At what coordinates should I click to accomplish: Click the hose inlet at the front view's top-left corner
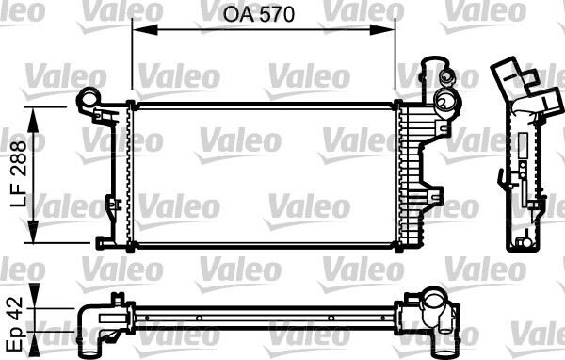point(89,96)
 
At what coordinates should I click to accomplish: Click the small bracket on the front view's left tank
point(113,203)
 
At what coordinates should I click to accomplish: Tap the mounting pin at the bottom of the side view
point(519,244)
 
